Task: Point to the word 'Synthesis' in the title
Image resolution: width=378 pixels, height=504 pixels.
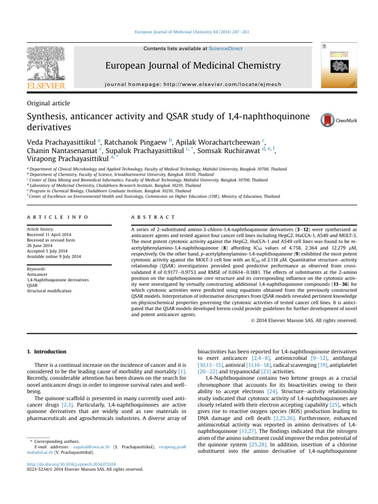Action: pos(52,117)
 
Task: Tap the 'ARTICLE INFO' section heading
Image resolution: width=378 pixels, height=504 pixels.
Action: pos(57,203)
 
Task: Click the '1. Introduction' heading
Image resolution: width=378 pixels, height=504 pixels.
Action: pos(52,352)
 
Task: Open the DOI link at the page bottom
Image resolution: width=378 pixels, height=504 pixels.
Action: pos(71,463)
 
